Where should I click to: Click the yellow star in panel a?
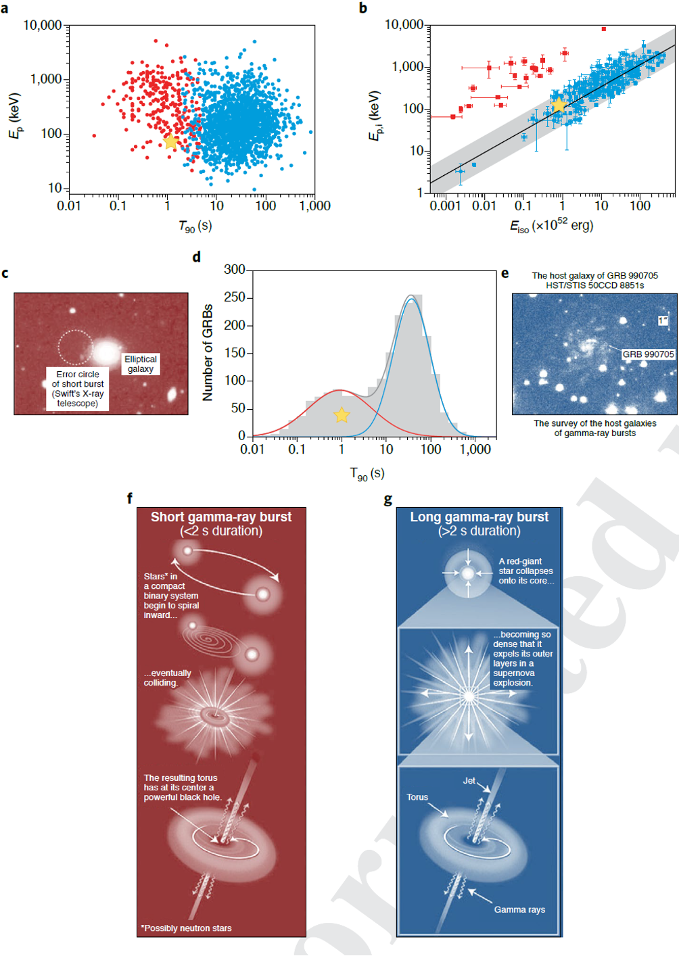coord(170,141)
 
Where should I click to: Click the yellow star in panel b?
coord(559,105)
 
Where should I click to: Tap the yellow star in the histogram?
coord(342,415)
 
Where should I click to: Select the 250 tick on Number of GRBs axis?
coord(235,297)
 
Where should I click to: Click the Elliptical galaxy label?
coord(141,364)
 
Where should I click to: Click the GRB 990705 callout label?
coord(648,354)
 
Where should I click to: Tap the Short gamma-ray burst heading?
coord(221,517)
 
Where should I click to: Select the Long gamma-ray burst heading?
coord(479,517)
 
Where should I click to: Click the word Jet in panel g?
coord(469,780)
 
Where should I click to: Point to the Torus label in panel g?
coord(417,797)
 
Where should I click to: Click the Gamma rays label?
coord(519,909)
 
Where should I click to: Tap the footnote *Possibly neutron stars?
coord(187,928)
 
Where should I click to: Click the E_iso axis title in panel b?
coord(551,226)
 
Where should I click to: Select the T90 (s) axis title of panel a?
coord(195,226)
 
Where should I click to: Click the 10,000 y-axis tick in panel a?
coord(43,26)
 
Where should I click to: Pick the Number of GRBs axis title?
coord(208,352)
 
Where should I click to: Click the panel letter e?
coord(505,274)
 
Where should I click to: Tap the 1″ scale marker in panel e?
coord(663,320)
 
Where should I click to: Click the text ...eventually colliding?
coord(168,678)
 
